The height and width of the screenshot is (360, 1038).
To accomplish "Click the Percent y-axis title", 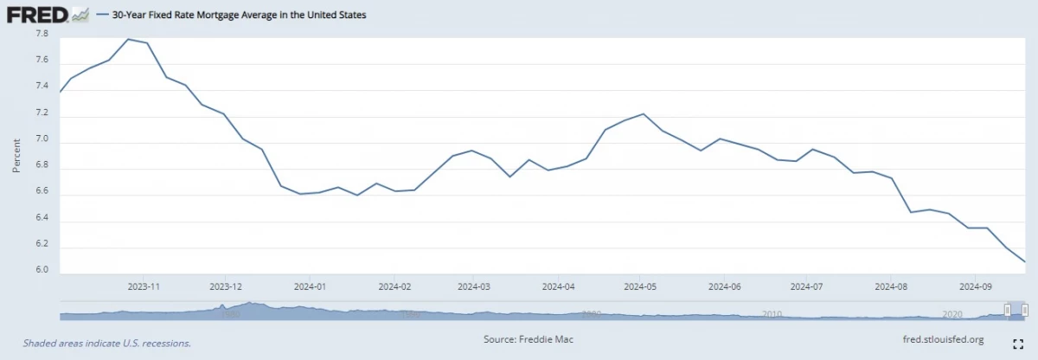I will (16, 154).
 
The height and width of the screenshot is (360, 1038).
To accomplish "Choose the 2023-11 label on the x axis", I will (144, 286).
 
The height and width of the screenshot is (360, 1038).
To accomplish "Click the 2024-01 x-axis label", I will (309, 286).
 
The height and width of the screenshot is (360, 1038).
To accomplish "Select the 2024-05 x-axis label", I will (641, 286).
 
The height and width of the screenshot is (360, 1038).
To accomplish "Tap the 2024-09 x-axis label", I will (975, 286).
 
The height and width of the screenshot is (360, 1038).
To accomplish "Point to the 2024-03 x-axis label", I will (474, 286).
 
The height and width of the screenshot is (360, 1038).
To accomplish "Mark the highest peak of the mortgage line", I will (128, 39).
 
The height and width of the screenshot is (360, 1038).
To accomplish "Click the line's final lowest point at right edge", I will (1025, 261).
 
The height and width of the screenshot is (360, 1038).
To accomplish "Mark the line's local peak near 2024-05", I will (643, 113).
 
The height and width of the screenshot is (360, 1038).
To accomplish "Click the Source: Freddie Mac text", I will (528, 339).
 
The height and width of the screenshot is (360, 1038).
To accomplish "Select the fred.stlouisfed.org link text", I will (942, 339).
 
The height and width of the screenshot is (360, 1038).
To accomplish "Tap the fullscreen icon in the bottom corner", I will (1018, 343).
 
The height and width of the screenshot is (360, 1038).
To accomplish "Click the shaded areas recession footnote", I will (106, 343).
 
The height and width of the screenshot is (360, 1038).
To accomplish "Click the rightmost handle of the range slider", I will (1025, 310).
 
